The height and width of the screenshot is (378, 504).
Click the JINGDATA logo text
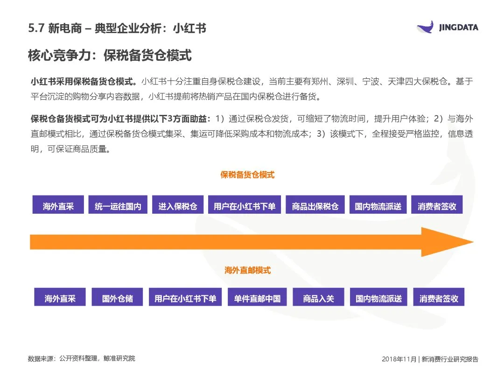point(458,28)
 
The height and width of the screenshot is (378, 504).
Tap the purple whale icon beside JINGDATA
point(427,27)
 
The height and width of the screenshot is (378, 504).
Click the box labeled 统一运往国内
point(118,206)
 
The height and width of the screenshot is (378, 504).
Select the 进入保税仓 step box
point(177,206)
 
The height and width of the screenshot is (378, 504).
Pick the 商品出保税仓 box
point(315,206)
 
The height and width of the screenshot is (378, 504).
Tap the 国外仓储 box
point(118,298)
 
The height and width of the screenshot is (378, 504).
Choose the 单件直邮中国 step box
point(257,298)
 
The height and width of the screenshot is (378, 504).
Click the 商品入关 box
point(318,298)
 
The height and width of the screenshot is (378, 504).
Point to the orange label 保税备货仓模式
point(247,175)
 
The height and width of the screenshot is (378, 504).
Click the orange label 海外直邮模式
point(247,270)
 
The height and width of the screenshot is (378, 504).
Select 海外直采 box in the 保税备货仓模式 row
point(58,206)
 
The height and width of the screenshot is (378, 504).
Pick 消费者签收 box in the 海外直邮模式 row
point(439,298)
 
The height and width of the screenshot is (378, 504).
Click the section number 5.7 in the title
point(35,28)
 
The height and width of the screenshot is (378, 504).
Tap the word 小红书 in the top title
point(189,28)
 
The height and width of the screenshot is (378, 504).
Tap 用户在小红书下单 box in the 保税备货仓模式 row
point(245,206)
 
